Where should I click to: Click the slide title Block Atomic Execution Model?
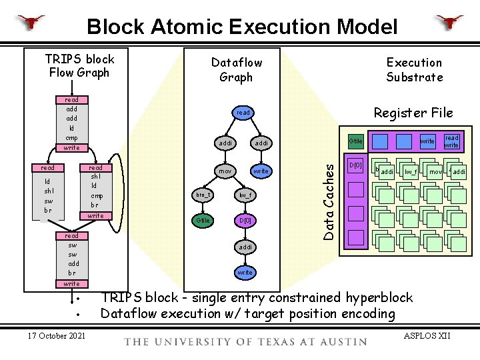click(242, 27)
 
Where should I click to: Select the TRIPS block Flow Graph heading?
click(79, 65)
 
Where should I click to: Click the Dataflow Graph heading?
click(236, 69)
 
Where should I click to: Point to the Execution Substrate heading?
click(414, 69)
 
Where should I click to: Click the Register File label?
click(413, 113)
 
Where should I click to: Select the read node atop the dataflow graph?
click(243, 113)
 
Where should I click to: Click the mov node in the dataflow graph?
click(225, 171)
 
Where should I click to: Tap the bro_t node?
click(202, 195)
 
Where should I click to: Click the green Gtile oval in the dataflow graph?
click(202, 220)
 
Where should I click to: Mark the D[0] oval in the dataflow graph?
click(245, 220)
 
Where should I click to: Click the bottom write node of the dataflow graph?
click(245, 273)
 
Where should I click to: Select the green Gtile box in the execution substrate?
click(355, 141)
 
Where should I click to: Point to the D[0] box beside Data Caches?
click(357, 165)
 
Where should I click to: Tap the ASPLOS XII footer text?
click(427, 335)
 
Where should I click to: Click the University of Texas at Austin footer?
click(245, 341)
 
